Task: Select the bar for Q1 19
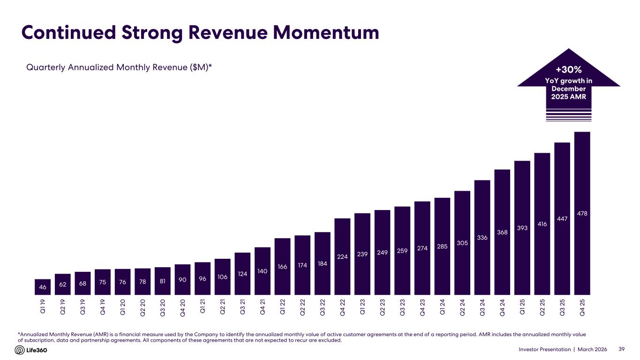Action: pos(43,286)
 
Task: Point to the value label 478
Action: pos(582,214)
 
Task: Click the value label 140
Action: pos(262,271)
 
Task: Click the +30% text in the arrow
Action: pos(569,70)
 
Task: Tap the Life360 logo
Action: pos(31,350)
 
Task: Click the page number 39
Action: pos(622,350)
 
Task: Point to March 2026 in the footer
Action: pos(592,350)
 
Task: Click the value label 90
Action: pos(182,279)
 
